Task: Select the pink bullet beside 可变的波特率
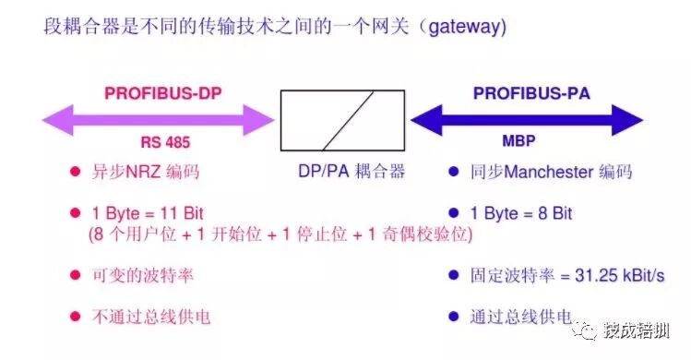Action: (75, 275)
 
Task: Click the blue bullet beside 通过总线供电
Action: (453, 317)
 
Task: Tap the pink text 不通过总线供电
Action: (151, 317)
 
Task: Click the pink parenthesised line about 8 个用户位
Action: (280, 234)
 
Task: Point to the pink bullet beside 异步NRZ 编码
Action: (75, 172)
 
